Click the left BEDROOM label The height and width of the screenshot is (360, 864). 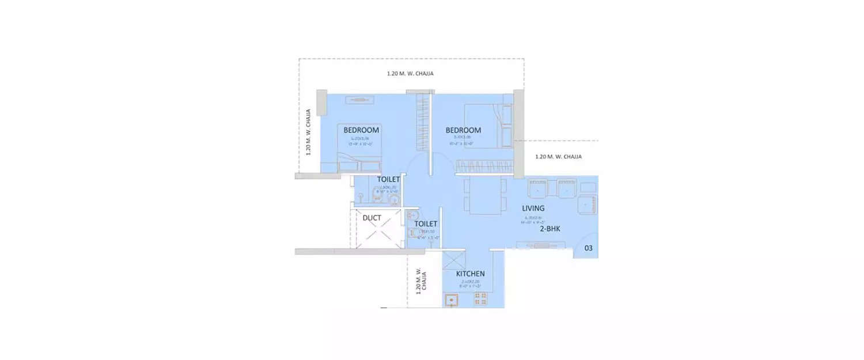tap(361, 130)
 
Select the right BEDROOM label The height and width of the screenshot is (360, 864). tap(463, 130)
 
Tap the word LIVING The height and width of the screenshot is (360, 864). tap(533, 208)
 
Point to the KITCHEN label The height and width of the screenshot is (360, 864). tap(470, 274)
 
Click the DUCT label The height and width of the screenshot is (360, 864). tap(372, 218)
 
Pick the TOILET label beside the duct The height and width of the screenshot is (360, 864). tap(426, 223)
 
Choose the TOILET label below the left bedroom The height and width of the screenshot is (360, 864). tap(388, 180)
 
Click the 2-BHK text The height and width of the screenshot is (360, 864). tap(550, 229)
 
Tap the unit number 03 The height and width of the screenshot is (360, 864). tap(588, 248)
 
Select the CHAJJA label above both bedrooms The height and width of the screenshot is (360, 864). tap(410, 74)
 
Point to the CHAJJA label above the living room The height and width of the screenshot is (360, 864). tap(558, 157)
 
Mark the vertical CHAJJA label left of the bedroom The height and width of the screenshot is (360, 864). tap(309, 132)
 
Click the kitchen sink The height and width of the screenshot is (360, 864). tap(451, 300)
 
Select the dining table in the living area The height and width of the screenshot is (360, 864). tap(485, 195)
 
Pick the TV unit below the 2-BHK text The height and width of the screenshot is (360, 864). tap(541, 246)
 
